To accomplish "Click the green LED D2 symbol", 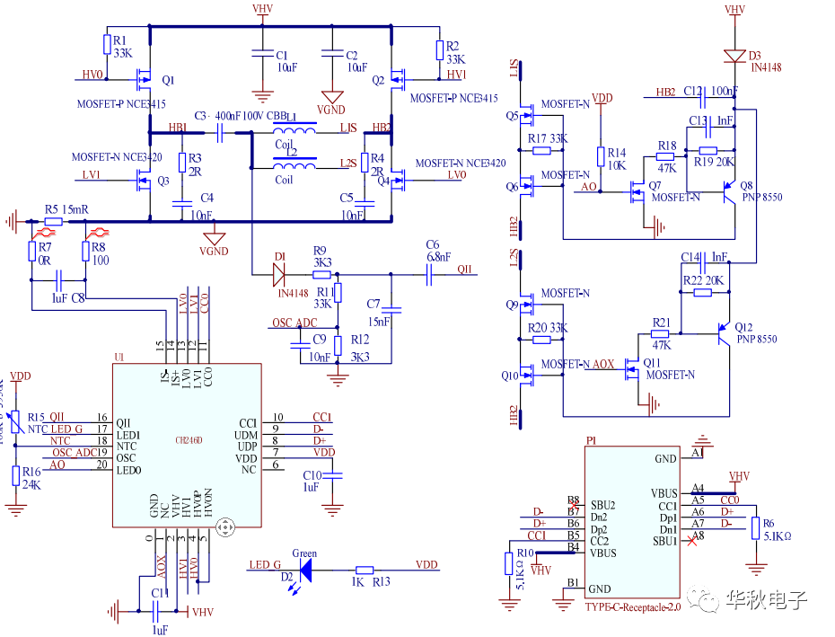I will click(x=305, y=569).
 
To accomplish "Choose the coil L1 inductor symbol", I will click(x=295, y=131).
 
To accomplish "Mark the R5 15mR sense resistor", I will click(x=53, y=221).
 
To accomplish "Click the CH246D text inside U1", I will click(x=189, y=440).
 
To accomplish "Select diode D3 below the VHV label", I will click(x=735, y=54).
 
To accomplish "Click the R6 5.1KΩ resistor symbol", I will click(x=755, y=529).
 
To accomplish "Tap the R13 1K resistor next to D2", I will click(x=364, y=570).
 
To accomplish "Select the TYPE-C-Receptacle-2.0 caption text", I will click(x=633, y=606).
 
